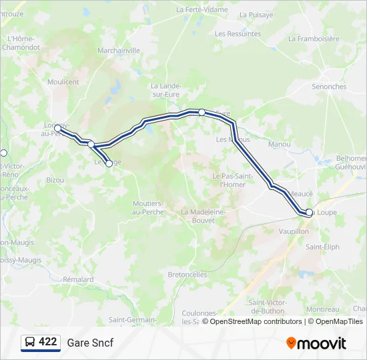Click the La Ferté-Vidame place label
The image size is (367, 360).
[x=202, y=10]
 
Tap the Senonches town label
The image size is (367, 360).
[x=329, y=87]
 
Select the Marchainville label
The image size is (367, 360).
[x=119, y=50]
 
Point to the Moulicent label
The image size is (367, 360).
[x=63, y=82]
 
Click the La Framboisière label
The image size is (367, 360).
[x=314, y=39]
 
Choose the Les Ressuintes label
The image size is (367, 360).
[x=238, y=33]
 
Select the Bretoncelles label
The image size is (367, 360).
[x=188, y=274]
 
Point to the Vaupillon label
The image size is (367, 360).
[x=294, y=231]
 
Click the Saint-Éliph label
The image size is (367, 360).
[x=322, y=247]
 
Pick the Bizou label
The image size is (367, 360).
[x=55, y=180]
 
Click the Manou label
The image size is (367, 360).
[x=279, y=144]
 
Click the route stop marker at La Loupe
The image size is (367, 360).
[x=309, y=213]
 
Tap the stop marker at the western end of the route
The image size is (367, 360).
[x=57, y=128]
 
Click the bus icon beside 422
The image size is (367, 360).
[x=31, y=342]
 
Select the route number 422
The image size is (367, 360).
[x=48, y=342]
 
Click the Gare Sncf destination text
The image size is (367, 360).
[x=90, y=343]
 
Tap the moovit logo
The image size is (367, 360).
[x=316, y=343]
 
